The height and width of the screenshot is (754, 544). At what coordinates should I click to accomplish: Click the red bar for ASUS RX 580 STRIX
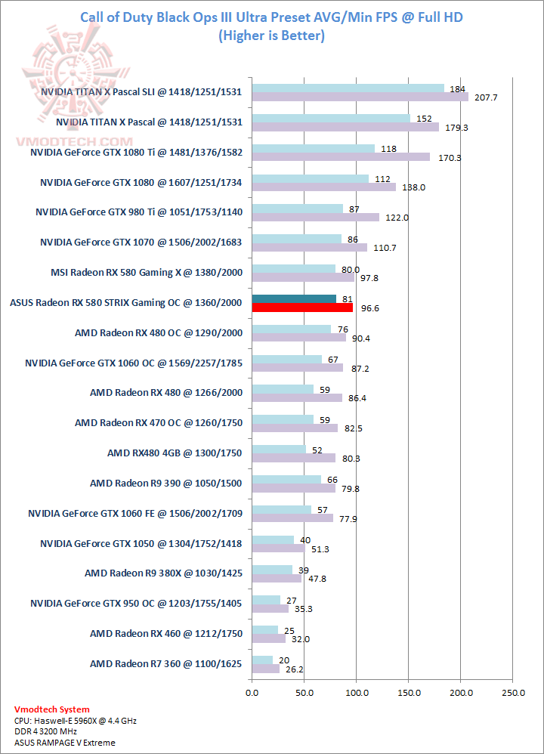pyautogui.click(x=302, y=307)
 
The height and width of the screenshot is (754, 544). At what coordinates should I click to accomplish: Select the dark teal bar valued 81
pyautogui.click(x=294, y=298)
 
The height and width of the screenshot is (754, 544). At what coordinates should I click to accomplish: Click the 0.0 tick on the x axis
pyautogui.click(x=252, y=691)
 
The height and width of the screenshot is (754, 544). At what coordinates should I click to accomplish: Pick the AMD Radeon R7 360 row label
pyautogui.click(x=166, y=663)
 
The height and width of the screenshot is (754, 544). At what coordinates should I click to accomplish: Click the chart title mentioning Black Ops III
pyautogui.click(x=271, y=17)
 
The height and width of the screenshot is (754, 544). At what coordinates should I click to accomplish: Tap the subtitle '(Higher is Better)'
pyautogui.click(x=271, y=36)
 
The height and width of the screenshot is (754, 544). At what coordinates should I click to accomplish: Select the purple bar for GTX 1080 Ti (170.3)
pyautogui.click(x=341, y=157)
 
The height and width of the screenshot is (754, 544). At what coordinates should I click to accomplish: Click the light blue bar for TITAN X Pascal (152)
pyautogui.click(x=331, y=118)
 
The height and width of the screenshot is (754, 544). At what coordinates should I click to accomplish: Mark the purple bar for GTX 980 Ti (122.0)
pyautogui.click(x=316, y=217)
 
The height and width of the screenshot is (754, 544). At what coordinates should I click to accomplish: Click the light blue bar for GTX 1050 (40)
pyautogui.click(x=273, y=539)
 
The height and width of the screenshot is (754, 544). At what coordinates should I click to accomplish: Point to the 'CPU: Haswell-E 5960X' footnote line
pyautogui.click(x=76, y=721)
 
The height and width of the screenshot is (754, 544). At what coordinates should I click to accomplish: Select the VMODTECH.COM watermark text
pyautogui.click(x=73, y=141)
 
